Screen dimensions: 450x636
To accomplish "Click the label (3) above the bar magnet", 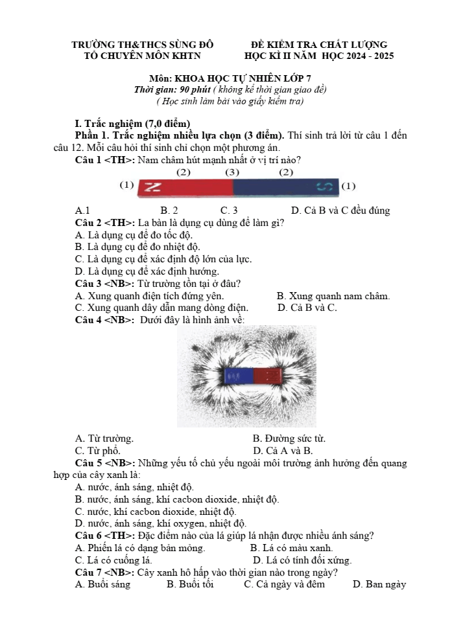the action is [232, 172].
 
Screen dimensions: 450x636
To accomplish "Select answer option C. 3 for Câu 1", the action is [229, 210].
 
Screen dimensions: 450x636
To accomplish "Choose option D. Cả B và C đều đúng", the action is [340, 210].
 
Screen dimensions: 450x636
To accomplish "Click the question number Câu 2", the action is [89, 223].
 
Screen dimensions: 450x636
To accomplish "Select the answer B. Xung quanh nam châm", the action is [333, 296].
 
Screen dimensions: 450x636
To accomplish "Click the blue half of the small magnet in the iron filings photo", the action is [239, 376].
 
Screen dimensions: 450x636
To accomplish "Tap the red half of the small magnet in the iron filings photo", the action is [268, 376].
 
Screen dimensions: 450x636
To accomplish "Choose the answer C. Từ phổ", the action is [98, 451].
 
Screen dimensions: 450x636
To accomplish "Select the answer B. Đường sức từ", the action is [289, 438].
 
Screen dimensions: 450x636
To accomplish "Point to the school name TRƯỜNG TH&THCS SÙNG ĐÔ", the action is [143, 45].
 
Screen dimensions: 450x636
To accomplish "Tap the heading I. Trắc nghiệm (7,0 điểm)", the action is [132, 123].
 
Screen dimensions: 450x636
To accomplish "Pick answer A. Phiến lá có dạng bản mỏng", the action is [140, 548].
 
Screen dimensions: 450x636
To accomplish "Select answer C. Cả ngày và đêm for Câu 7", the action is [284, 584].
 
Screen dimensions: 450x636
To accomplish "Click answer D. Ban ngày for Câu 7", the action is [379, 584].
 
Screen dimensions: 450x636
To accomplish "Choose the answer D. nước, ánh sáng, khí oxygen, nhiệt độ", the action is [161, 524].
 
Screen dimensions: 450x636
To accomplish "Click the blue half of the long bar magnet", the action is [286, 187].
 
